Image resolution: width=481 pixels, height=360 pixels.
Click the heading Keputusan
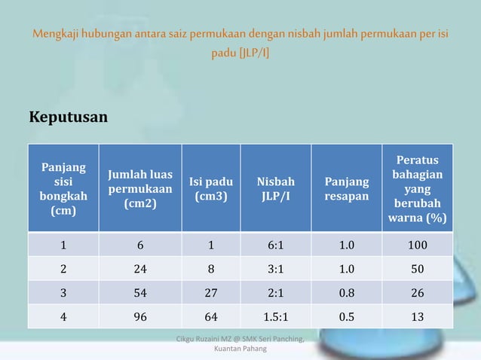(68, 118)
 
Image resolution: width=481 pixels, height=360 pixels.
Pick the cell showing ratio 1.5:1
(276, 316)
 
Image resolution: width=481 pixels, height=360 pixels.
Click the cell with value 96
(140, 316)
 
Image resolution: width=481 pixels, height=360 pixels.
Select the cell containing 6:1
(276, 245)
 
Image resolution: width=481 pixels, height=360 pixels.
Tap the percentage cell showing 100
(417, 245)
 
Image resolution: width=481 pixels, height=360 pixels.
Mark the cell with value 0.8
(348, 293)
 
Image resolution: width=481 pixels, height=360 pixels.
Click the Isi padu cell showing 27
(211, 293)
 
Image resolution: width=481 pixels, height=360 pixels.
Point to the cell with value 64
(211, 316)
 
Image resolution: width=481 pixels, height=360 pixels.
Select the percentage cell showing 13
(417, 316)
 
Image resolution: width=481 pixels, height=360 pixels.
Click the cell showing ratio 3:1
(276, 269)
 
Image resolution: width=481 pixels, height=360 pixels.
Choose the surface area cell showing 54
(140, 293)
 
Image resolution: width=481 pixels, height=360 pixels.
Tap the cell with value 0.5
(348, 316)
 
